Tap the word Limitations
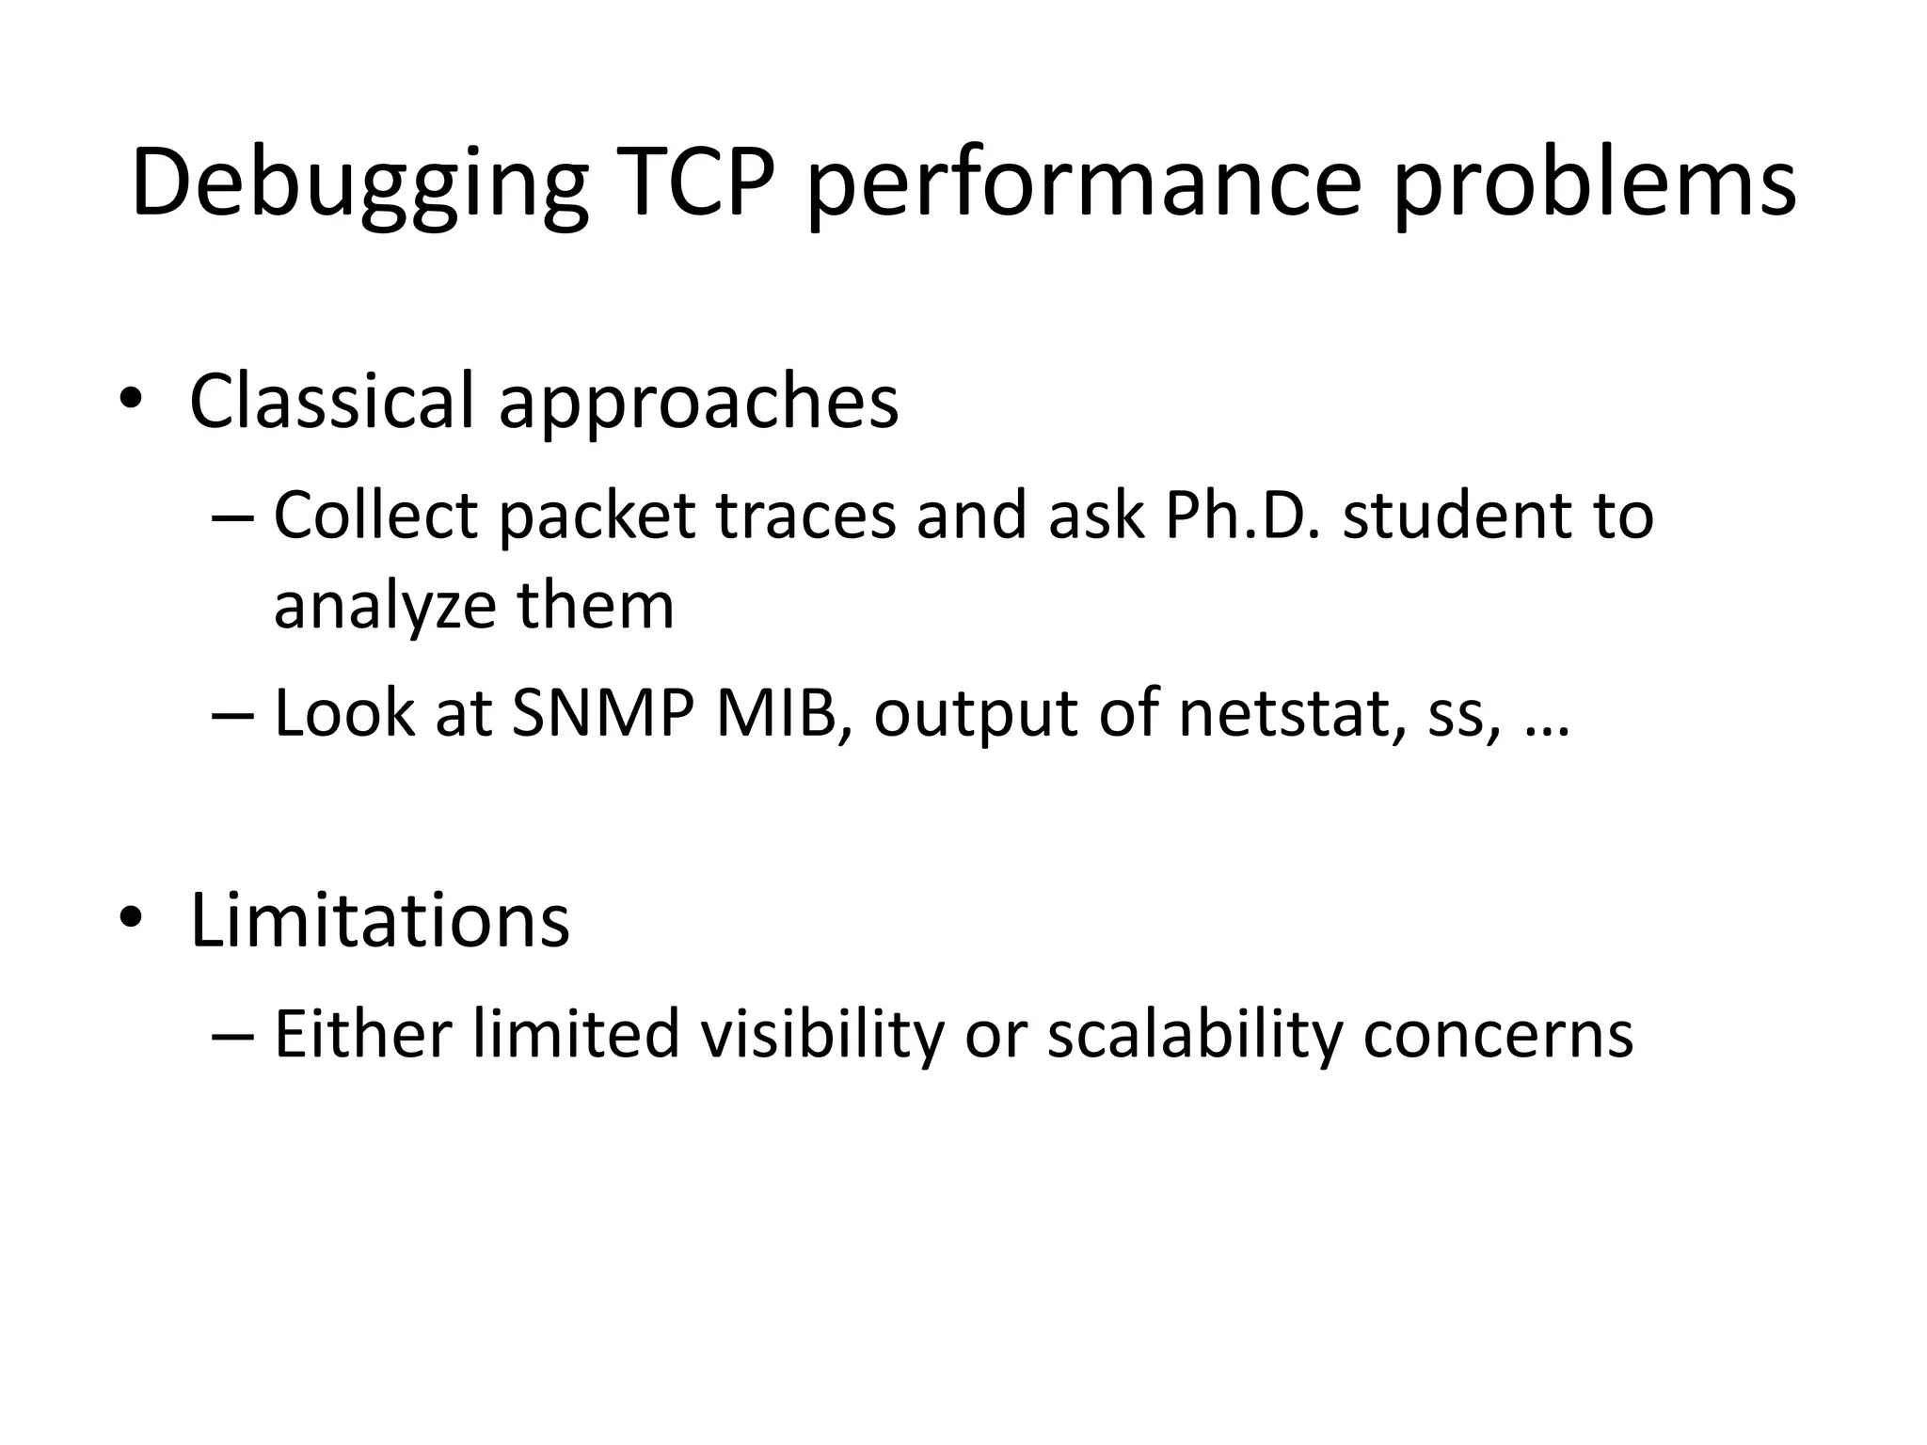click(379, 920)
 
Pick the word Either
click(363, 1034)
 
